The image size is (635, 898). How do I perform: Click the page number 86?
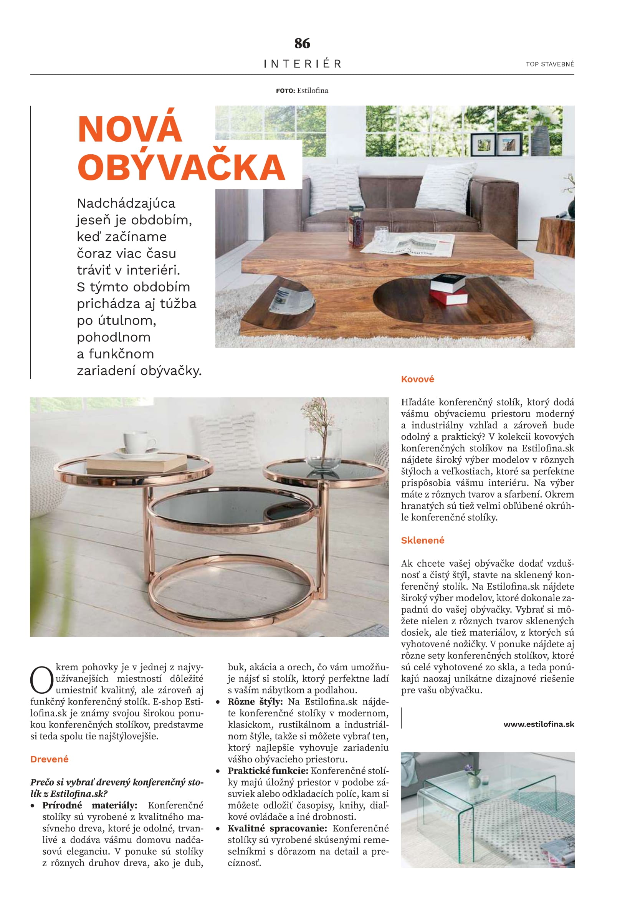pos(302,43)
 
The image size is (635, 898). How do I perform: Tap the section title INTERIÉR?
pos(302,64)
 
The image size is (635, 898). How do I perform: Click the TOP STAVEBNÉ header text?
pos(550,64)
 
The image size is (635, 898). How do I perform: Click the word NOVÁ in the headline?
pos(130,129)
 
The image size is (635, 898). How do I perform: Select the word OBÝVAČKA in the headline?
pos(182,167)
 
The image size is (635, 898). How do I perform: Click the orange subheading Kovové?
pos(417,379)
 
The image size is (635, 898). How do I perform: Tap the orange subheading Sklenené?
pos(422,540)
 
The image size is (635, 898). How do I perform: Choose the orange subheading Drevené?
pos(49,759)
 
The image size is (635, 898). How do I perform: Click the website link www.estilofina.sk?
pos(538,724)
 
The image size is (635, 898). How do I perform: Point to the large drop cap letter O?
pos(41,680)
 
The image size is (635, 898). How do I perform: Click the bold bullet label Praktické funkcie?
pos(268,771)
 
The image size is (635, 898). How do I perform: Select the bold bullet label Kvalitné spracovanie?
pos(277,828)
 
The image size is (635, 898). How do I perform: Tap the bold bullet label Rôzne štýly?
pos(255,702)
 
